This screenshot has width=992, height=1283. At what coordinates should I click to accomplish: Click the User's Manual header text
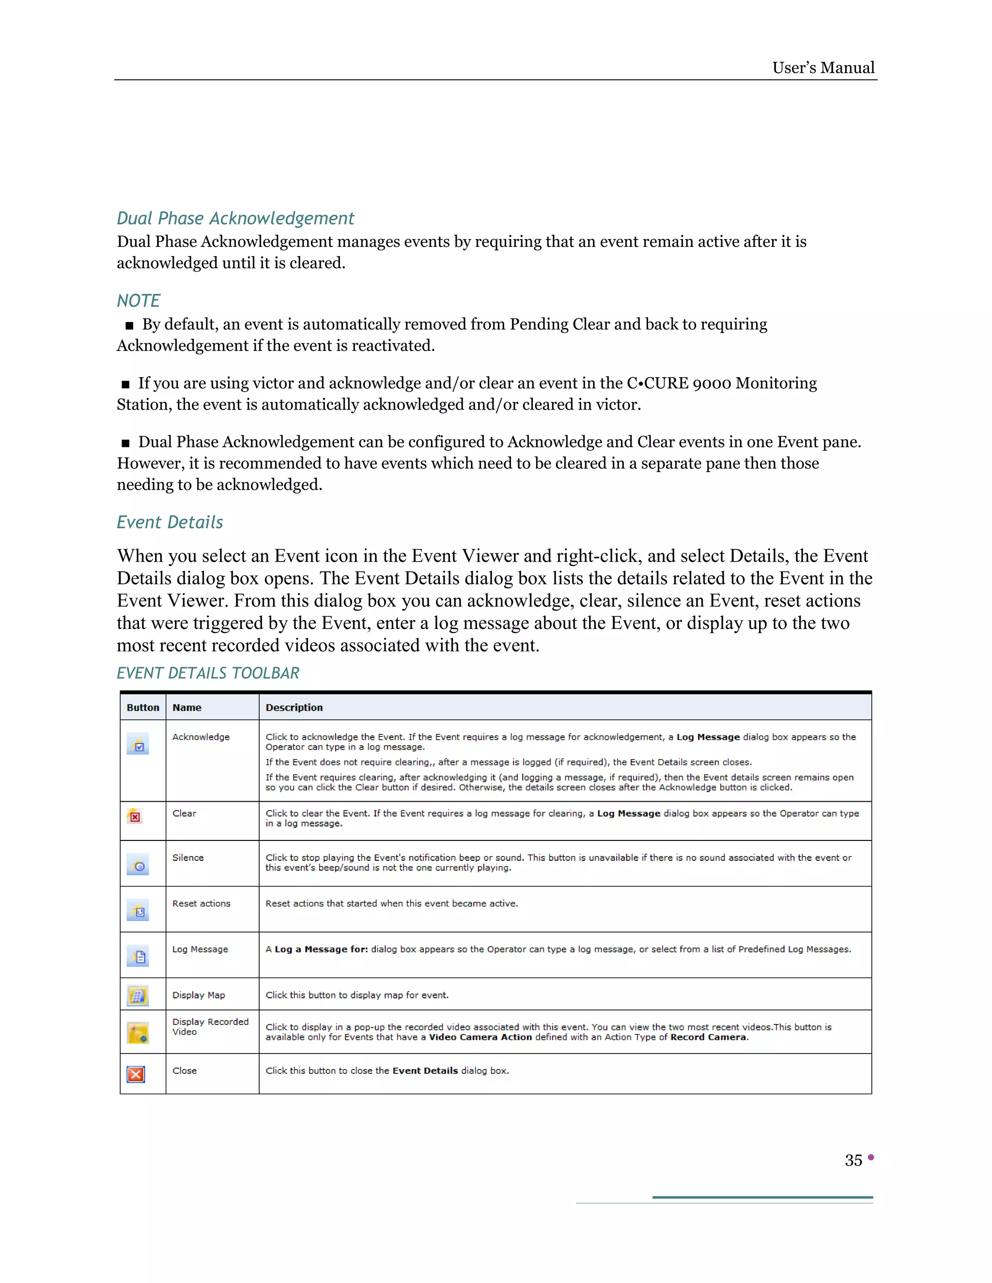pyautogui.click(x=823, y=68)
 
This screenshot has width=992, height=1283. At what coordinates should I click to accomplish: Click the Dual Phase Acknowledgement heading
pyautogui.click(x=235, y=218)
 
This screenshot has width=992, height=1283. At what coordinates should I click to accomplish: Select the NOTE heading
pyautogui.click(x=138, y=301)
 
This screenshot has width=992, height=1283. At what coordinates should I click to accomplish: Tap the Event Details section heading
pyautogui.click(x=170, y=522)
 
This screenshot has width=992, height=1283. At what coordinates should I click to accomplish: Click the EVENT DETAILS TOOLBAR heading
pyautogui.click(x=208, y=673)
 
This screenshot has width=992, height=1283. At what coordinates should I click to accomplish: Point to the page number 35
pyautogui.click(x=853, y=1160)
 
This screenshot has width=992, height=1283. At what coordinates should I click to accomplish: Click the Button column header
pyautogui.click(x=143, y=708)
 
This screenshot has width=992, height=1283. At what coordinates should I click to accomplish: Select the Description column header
pyautogui.click(x=294, y=708)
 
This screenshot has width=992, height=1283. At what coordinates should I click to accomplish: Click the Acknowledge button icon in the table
pyautogui.click(x=138, y=744)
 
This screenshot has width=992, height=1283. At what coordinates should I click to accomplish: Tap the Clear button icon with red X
pyautogui.click(x=135, y=816)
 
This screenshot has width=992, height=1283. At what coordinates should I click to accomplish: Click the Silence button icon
pyautogui.click(x=138, y=865)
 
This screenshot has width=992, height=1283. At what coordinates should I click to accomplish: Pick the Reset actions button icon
pyautogui.click(x=138, y=911)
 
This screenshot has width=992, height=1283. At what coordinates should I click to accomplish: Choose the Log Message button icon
pyautogui.click(x=138, y=956)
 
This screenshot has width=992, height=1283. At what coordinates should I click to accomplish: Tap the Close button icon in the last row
pyautogui.click(x=136, y=1074)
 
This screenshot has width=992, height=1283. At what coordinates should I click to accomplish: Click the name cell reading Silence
pyautogui.click(x=188, y=858)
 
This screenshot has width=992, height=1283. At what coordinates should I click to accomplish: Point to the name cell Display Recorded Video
pyautogui.click(x=210, y=1027)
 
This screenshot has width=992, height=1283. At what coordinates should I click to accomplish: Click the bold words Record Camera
pyautogui.click(x=709, y=1038)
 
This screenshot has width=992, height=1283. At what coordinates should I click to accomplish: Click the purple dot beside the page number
pyautogui.click(x=871, y=1157)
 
